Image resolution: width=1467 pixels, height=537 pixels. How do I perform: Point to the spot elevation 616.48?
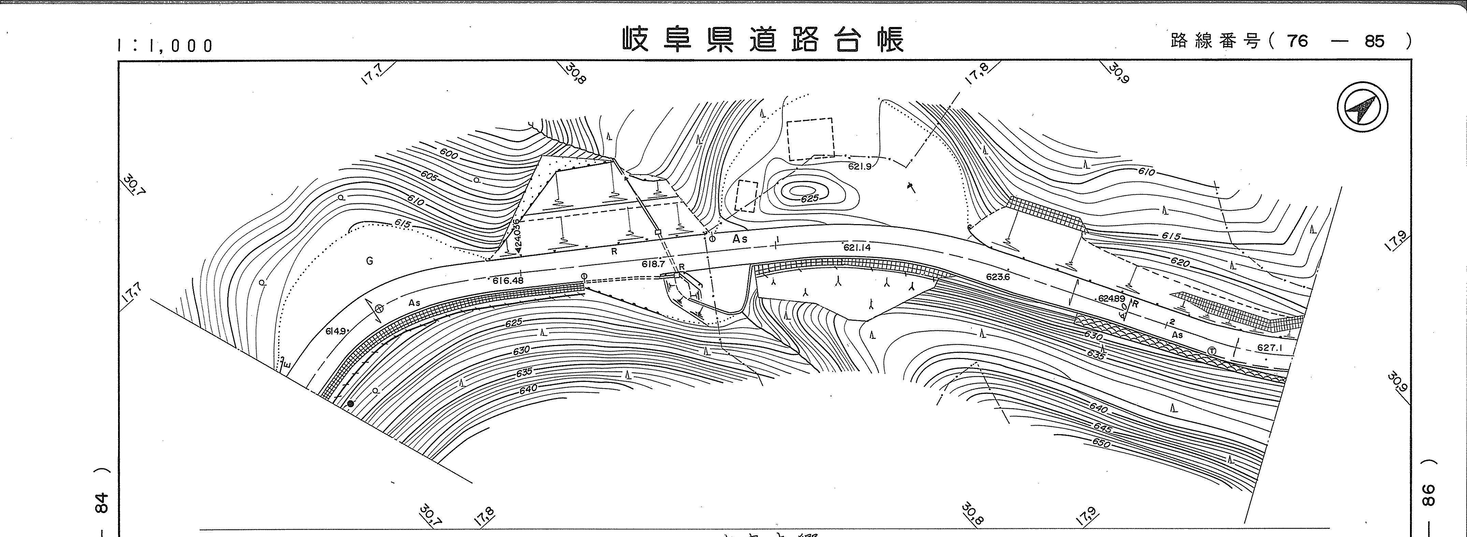(508, 280)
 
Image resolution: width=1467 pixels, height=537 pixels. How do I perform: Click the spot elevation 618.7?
(653, 264)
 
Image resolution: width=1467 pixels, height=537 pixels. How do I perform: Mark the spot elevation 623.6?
(998, 277)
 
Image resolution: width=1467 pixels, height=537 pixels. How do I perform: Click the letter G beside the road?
(370, 261)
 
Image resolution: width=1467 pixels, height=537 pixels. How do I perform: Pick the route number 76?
(1297, 41)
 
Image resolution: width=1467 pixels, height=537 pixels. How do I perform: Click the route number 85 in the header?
(1374, 41)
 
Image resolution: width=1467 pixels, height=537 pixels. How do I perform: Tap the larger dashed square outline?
(810, 139)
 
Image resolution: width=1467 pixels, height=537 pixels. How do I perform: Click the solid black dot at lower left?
(350, 404)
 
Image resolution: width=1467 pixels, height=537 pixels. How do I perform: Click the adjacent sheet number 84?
(101, 502)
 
